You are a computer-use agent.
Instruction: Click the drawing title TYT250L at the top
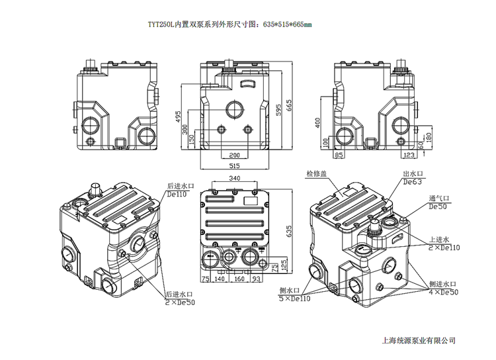(x=229, y=24)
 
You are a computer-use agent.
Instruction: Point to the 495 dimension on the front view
(x=178, y=117)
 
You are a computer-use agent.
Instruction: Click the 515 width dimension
(x=234, y=165)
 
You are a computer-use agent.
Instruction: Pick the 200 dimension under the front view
(x=234, y=155)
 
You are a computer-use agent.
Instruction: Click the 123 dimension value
(x=409, y=155)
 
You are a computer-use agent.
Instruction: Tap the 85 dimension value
(x=339, y=155)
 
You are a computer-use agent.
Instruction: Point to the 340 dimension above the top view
(x=234, y=179)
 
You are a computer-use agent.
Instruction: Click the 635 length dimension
(x=288, y=230)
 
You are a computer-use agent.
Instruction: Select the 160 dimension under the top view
(x=239, y=279)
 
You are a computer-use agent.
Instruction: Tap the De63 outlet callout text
(x=412, y=181)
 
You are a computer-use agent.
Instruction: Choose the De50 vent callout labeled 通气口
(x=438, y=206)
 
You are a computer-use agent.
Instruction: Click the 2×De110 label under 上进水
(x=445, y=247)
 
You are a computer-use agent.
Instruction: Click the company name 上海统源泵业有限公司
(x=419, y=340)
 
